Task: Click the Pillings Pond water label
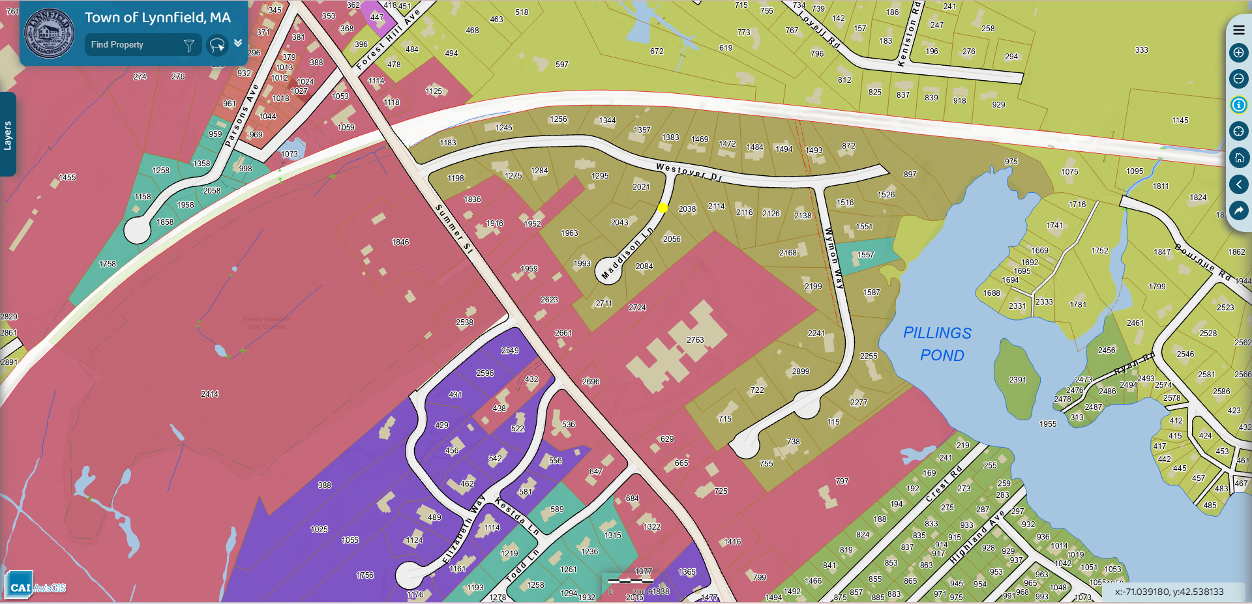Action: click(x=938, y=344)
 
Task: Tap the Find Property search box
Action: click(x=134, y=45)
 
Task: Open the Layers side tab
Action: click(x=8, y=135)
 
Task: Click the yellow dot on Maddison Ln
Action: click(x=663, y=208)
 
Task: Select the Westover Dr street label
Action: click(x=689, y=172)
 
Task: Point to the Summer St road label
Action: click(x=454, y=229)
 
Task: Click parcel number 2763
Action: click(x=695, y=340)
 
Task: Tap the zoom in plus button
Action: click(x=1238, y=53)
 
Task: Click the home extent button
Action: click(x=1238, y=158)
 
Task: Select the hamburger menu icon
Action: click(x=1238, y=30)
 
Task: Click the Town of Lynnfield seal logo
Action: click(x=48, y=33)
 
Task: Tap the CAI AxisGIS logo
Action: click(x=37, y=586)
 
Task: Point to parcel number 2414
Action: click(x=209, y=394)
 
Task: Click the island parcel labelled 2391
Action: click(x=1017, y=380)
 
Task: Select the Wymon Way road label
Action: click(x=834, y=258)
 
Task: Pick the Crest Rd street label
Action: click(x=943, y=484)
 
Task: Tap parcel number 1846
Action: click(x=400, y=242)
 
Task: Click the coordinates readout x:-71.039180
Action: click(x=1169, y=592)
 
